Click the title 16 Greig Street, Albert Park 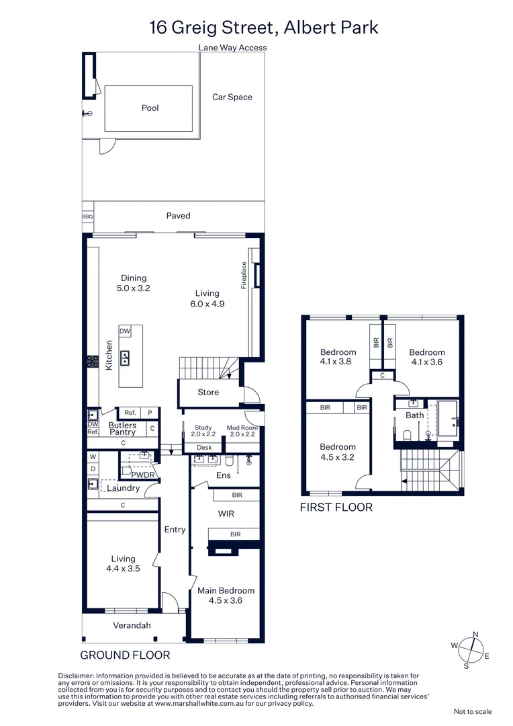click(263, 28)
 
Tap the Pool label click(150, 108)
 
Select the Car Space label click(232, 97)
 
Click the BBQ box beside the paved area click(87, 216)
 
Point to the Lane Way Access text click(232, 48)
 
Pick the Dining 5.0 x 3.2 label click(134, 283)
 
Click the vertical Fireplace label click(244, 276)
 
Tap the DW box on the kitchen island click(125, 331)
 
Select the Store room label click(208, 392)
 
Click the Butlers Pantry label click(122, 429)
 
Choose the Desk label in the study click(204, 448)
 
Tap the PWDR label click(143, 475)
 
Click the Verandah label click(131, 625)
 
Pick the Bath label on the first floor click(414, 415)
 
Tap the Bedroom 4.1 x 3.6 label click(427, 357)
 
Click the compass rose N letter click(476, 634)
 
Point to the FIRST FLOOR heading click(336, 508)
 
